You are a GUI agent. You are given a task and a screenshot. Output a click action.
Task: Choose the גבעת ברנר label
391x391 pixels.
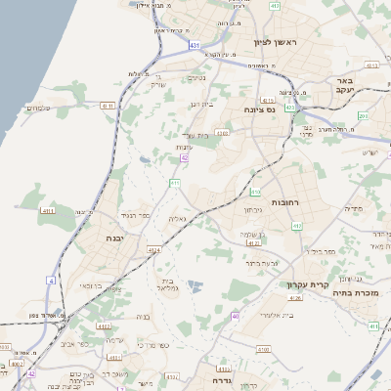pos(264,262)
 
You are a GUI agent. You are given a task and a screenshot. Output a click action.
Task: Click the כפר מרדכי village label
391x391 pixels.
pos(152,345)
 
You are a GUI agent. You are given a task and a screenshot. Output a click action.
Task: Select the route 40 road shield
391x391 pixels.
pos(236,316)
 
